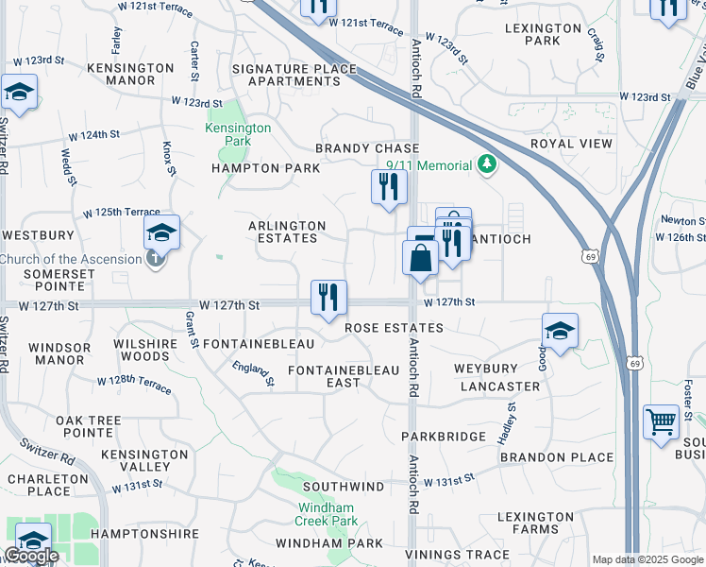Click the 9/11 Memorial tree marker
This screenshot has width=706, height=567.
pos(487,165)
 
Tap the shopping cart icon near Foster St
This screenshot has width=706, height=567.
pos(662,421)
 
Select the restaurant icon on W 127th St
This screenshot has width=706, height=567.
pos(328,298)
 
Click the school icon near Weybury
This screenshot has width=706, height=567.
pos(560,332)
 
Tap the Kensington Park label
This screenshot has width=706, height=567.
pos(239,134)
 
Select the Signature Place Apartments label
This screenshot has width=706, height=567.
pos(294,75)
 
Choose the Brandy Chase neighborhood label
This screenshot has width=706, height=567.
pos(367,148)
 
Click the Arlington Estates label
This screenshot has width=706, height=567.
pos(287,232)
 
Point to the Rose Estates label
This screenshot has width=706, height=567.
pos(394,327)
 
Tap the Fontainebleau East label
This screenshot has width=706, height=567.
pos(325,376)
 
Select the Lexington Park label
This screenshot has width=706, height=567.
pos(546,34)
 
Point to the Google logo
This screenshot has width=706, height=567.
pos(31,556)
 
